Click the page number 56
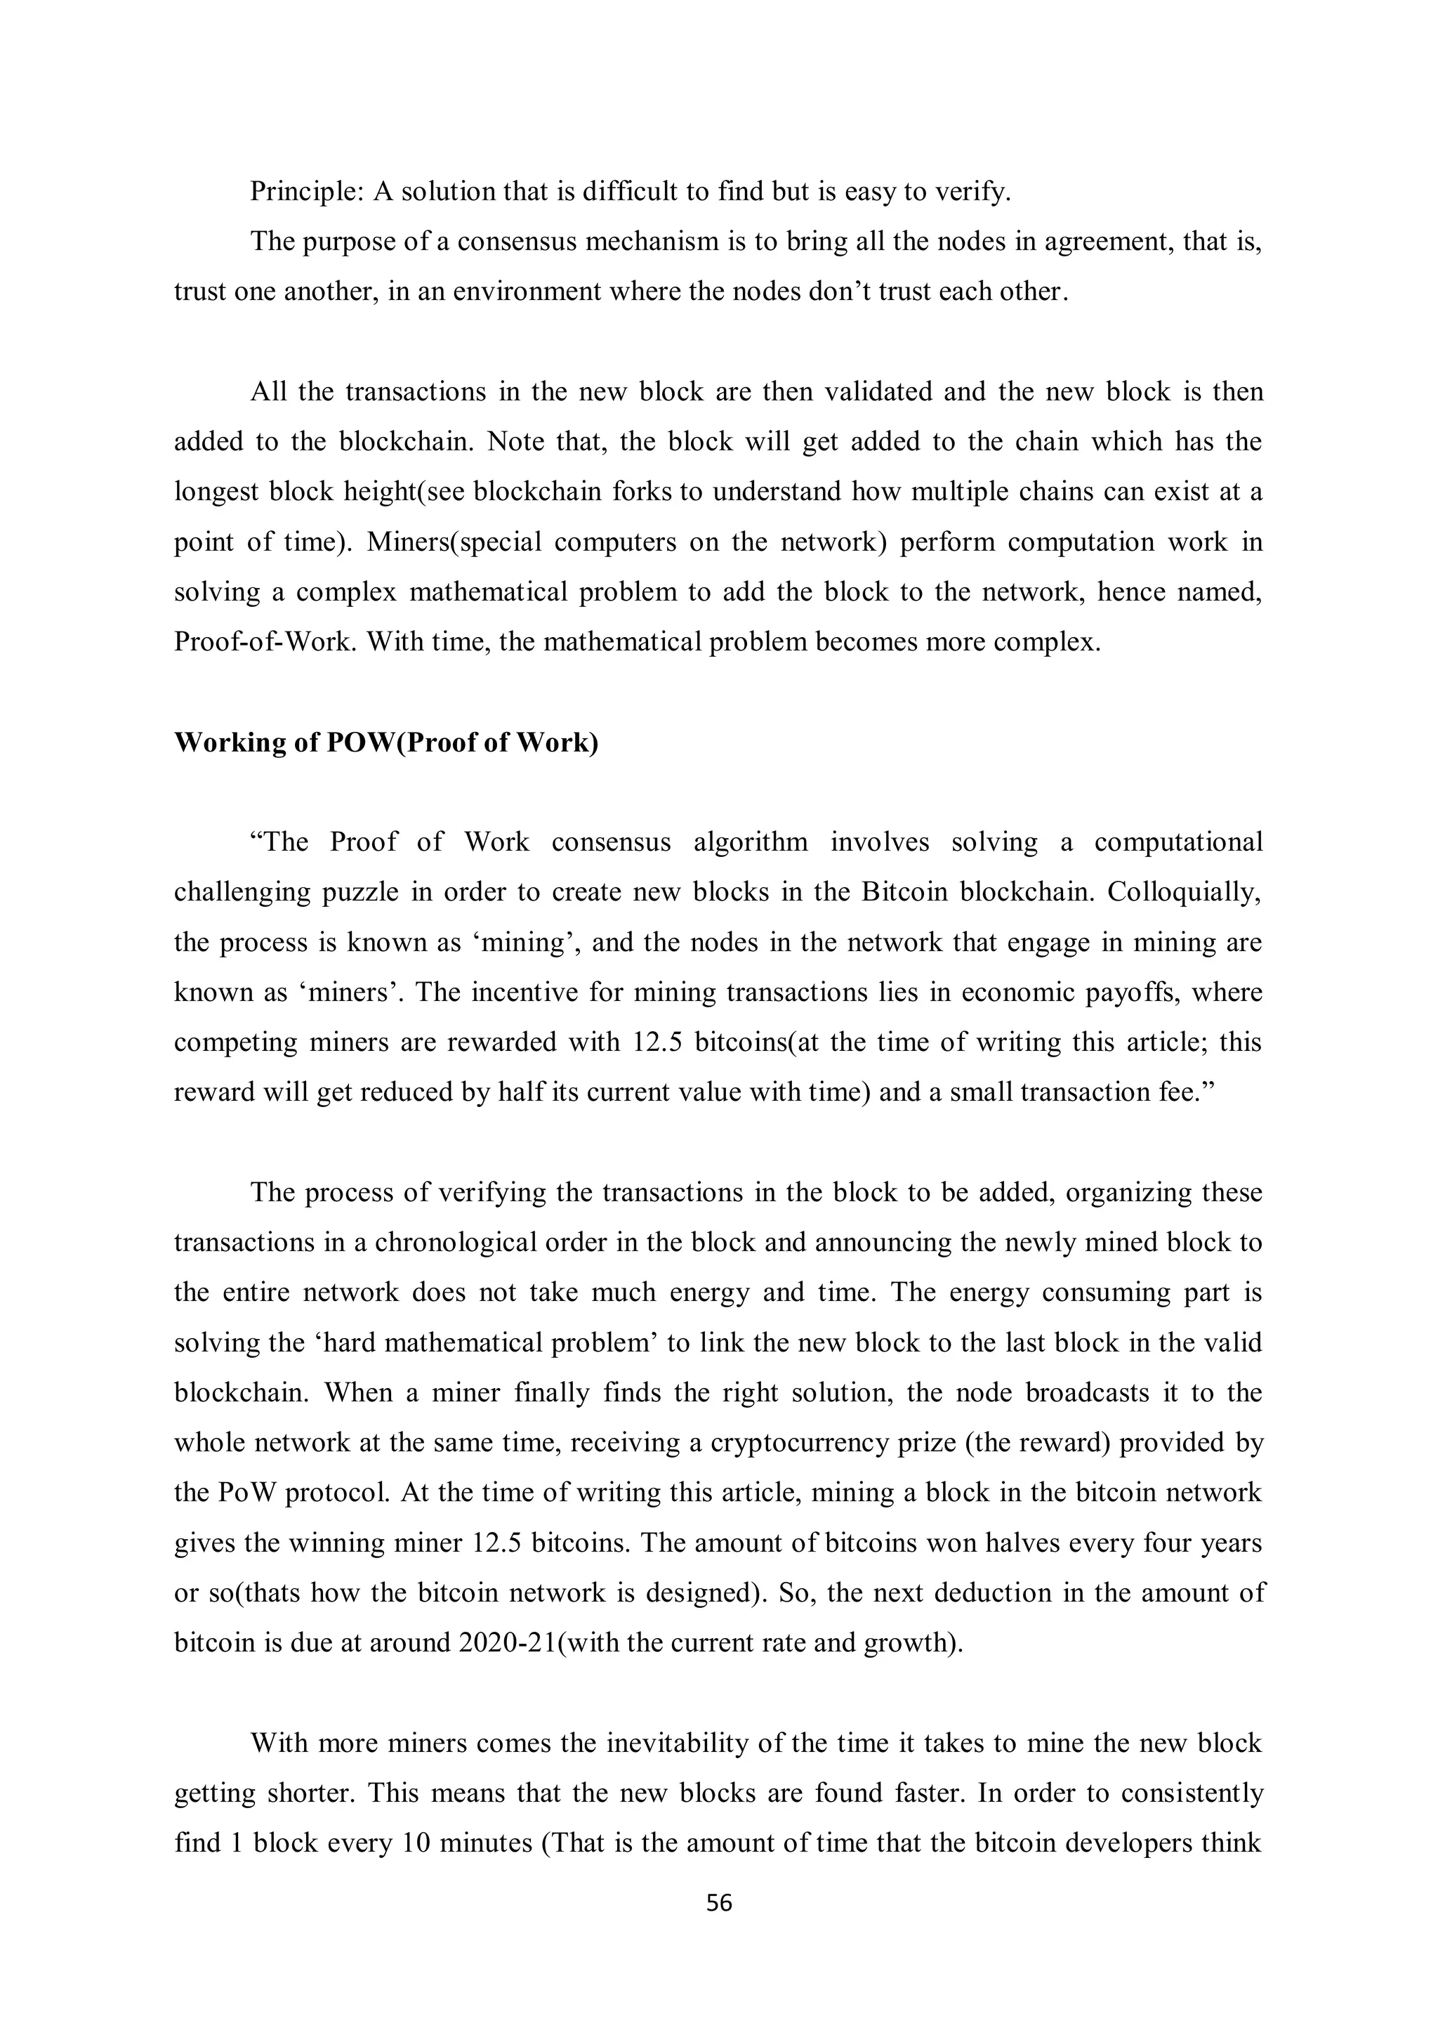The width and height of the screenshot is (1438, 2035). [718, 1902]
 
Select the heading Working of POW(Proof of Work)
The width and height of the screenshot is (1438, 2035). [386, 742]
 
